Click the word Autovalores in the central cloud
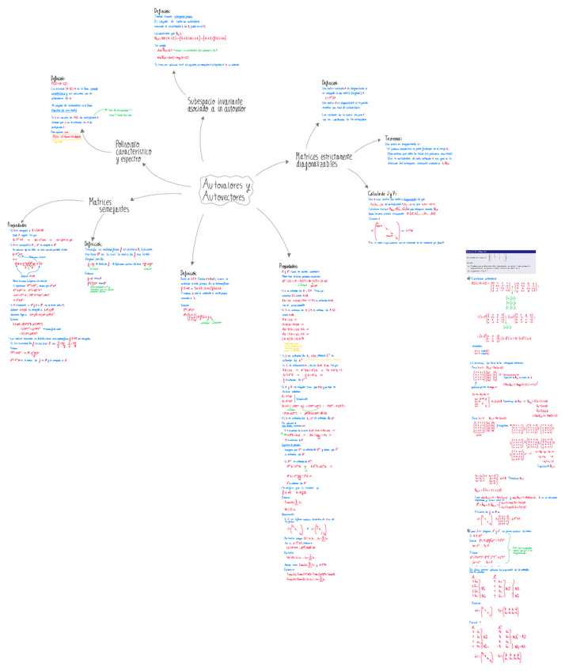tap(222, 184)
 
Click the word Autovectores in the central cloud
tap(225, 196)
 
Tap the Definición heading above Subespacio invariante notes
tap(162, 10)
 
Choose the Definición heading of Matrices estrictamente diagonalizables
tap(330, 82)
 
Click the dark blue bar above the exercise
tap(501, 252)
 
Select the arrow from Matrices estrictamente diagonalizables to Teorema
tap(368, 147)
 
